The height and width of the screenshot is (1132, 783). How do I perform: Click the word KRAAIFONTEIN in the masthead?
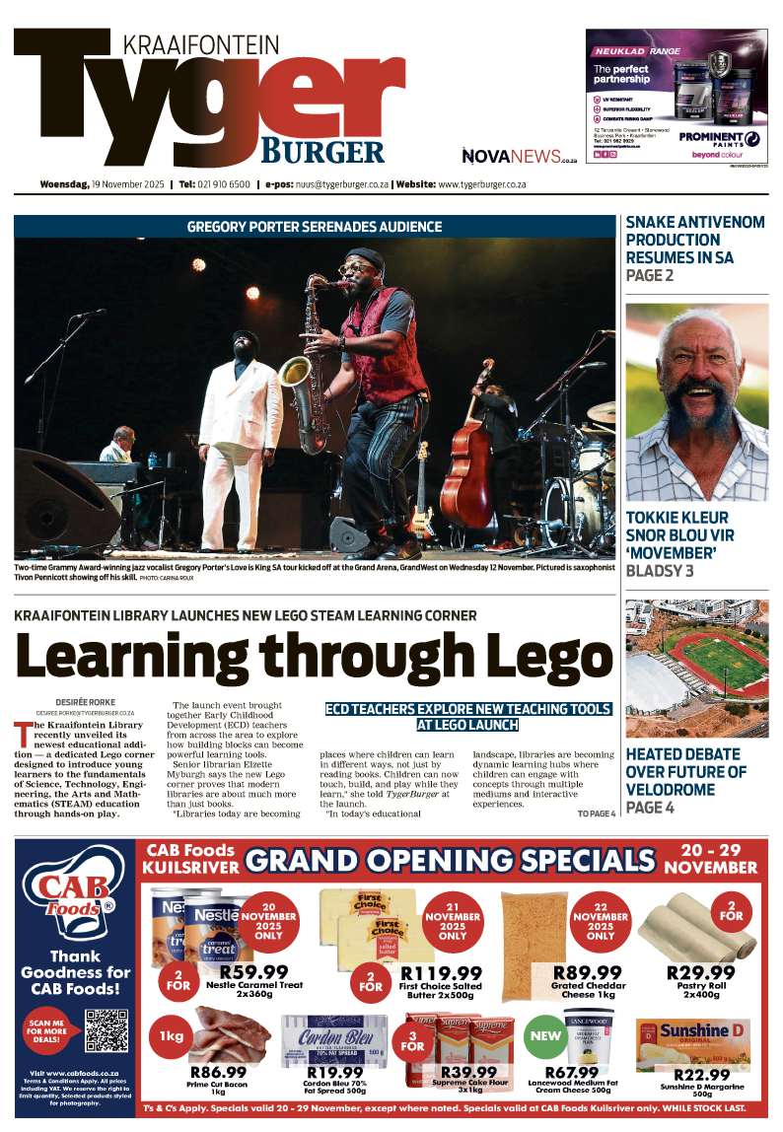(x=201, y=44)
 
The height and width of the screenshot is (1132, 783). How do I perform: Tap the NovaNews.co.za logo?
(x=512, y=156)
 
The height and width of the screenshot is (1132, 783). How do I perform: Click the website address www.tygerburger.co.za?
(x=482, y=184)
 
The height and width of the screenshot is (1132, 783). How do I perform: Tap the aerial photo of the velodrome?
(x=696, y=668)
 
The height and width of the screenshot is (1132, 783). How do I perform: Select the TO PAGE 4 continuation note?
(x=596, y=814)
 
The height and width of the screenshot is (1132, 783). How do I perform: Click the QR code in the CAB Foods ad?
(x=107, y=1030)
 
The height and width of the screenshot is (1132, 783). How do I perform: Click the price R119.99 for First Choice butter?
(x=441, y=971)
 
